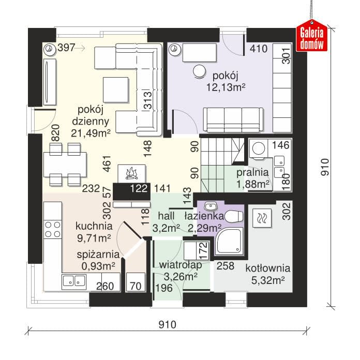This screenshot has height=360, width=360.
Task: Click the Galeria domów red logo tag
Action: point(312,36)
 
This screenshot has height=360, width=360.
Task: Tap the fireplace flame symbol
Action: point(131,173)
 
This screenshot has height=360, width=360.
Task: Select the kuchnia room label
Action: point(94,226)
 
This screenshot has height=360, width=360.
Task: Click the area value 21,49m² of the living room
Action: point(91,133)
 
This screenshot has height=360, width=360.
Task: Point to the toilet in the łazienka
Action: point(234,216)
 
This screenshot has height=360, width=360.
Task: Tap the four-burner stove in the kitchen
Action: point(53,229)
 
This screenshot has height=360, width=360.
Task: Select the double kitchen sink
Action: point(74,281)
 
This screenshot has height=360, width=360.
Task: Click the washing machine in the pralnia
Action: point(259,148)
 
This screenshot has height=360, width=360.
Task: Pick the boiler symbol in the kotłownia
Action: point(262,218)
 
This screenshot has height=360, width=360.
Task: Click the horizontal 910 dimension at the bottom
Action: point(168,324)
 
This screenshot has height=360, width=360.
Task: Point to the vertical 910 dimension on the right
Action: point(325,167)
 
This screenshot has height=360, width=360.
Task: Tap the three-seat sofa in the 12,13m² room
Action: point(233,120)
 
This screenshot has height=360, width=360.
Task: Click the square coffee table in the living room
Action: point(115,90)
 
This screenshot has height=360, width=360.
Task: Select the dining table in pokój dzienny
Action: point(65,164)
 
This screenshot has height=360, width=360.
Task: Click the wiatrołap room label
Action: point(181,265)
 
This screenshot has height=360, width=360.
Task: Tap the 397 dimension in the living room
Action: point(66,48)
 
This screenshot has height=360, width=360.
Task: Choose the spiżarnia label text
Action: point(98,254)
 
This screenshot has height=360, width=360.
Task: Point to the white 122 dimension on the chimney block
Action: point(139,188)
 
